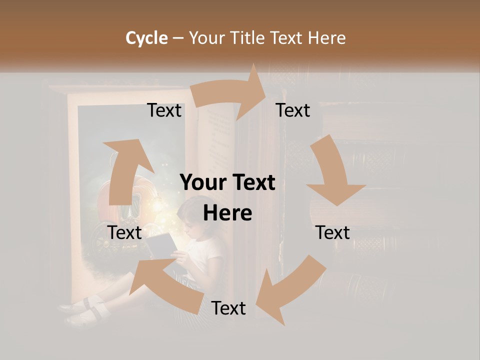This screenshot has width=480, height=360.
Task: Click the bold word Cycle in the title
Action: point(146,38)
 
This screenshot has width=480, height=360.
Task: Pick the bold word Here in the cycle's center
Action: point(227,213)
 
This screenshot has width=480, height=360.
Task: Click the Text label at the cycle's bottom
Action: point(228,308)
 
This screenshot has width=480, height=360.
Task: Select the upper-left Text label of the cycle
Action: point(164,110)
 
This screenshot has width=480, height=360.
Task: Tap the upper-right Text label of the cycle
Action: point(293,110)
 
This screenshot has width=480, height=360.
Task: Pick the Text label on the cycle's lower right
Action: point(332,232)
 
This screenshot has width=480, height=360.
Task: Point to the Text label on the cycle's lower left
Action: point(124,232)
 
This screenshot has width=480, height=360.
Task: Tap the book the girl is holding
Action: point(161,245)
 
